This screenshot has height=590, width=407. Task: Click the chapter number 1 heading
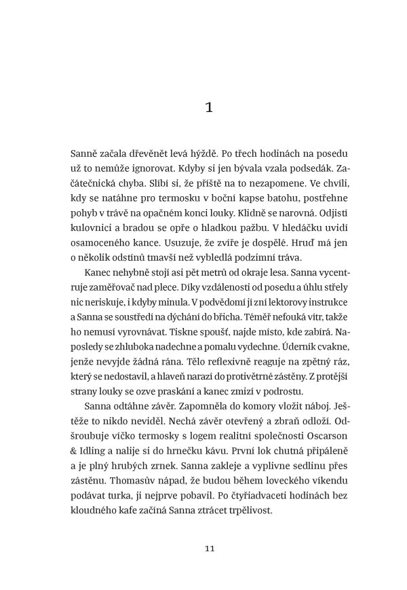(x=209, y=107)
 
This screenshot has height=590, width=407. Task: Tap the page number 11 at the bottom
(x=209, y=549)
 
